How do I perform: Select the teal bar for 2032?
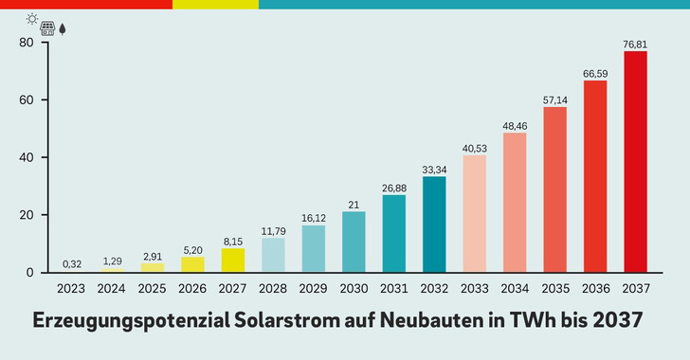[434, 225]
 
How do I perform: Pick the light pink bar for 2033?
[474, 213]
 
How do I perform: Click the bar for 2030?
[354, 242]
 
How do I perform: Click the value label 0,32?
[72, 263]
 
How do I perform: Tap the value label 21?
[354, 203]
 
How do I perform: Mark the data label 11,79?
[273, 229]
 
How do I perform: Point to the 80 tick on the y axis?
[27, 43]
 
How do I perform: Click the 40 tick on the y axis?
[27, 157]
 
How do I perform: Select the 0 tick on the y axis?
[30, 272]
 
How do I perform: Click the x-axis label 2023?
[72, 288]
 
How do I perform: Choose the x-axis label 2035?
[554, 288]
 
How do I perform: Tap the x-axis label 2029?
[313, 288]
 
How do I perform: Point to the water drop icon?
[63, 28]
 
